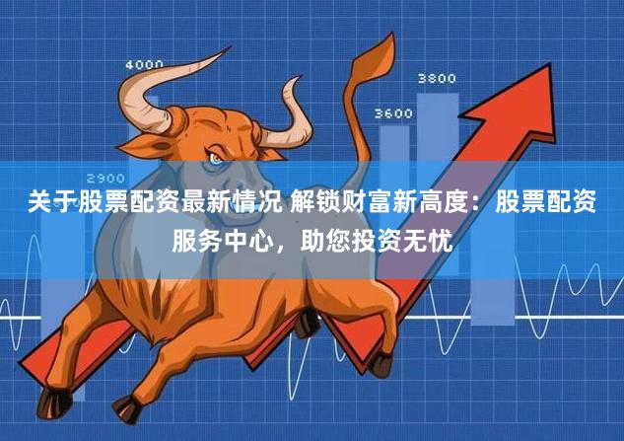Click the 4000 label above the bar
click(144, 64)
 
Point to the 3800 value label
click(437, 77)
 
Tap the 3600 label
click(393, 113)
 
